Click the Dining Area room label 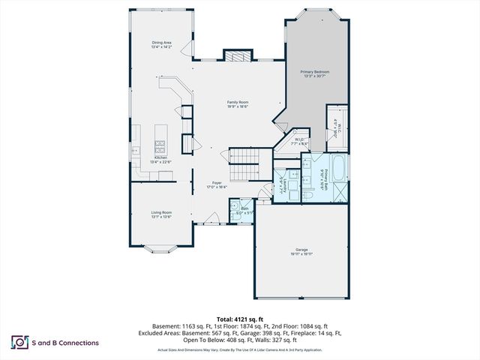pos(163,45)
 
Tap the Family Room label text pos(238,104)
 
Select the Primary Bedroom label pos(315,73)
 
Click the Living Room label pos(161,214)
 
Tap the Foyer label pos(217,184)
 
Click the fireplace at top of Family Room pos(238,58)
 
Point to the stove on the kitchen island pos(160,142)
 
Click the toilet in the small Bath pos(235,208)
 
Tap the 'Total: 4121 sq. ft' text pos(239,320)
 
